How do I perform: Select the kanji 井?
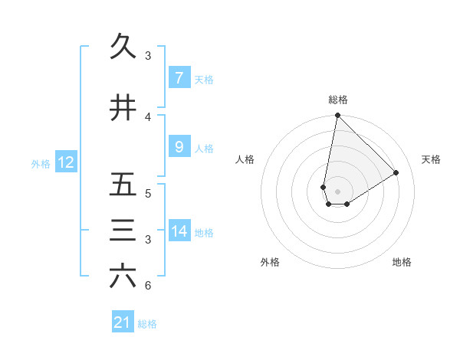click(123, 107)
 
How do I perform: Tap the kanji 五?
click(123, 184)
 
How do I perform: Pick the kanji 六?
click(123, 277)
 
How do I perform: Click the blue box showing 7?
click(179, 78)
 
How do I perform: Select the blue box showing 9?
click(179, 147)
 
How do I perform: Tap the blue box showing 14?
click(179, 232)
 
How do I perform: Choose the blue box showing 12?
click(65, 162)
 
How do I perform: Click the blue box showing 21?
click(123, 322)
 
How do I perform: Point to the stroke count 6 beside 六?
click(148, 286)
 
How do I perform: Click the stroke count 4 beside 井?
click(148, 116)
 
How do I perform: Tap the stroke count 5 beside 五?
click(148, 193)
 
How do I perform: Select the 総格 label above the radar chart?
click(338, 100)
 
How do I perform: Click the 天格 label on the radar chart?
click(431, 159)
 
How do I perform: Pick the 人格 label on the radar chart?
click(245, 159)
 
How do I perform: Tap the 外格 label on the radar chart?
click(270, 262)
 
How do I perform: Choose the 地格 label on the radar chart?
click(402, 262)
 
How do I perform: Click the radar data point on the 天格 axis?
click(396, 173)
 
